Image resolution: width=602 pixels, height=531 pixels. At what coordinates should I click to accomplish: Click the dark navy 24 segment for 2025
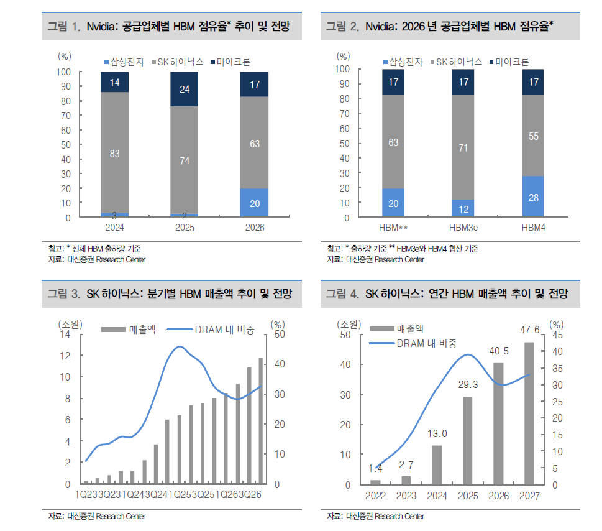[x=185, y=89]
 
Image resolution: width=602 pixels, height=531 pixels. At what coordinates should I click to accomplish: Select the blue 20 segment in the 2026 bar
[x=254, y=203]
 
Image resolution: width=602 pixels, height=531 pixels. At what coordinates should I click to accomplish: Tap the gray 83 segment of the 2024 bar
[x=114, y=153]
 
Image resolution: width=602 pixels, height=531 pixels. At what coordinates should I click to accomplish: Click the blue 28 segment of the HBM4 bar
[x=533, y=196]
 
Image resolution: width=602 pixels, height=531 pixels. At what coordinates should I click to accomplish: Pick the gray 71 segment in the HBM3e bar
[x=463, y=147]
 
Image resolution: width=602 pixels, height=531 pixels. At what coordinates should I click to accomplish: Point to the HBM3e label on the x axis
[x=463, y=228]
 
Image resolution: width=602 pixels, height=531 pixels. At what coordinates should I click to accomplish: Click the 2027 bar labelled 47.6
[x=528, y=413]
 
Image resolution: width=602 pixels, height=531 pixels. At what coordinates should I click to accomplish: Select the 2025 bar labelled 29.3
[x=467, y=440]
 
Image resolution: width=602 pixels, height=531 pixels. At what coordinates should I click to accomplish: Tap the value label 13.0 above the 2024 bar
[x=437, y=433]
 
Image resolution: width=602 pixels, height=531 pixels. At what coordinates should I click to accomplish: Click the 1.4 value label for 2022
[x=375, y=468]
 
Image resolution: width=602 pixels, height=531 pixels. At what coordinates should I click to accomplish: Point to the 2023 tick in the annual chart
[x=406, y=496]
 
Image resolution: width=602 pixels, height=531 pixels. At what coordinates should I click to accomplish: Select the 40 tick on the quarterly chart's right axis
[x=279, y=364]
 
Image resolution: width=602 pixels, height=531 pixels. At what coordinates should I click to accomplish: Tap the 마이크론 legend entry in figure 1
[x=230, y=62]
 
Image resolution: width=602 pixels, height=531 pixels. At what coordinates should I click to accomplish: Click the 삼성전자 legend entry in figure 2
[x=403, y=62]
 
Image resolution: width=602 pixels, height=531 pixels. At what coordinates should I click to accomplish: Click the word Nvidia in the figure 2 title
[x=381, y=27]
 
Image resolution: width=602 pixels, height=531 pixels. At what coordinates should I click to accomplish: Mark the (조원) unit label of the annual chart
[x=347, y=324]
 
